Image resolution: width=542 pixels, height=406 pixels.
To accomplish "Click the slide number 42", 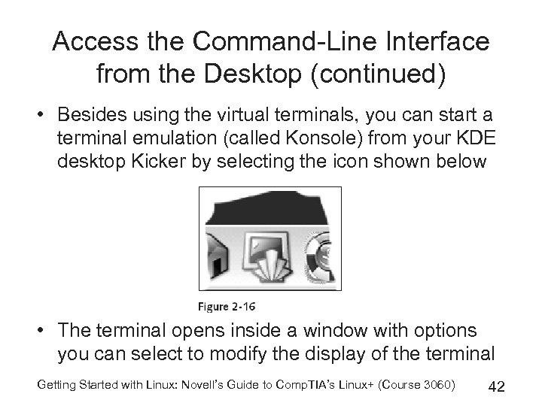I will pyautogui.click(x=496, y=386).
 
